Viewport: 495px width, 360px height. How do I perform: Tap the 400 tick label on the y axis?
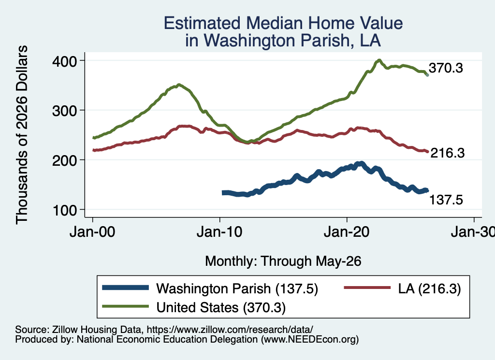pos(65,61)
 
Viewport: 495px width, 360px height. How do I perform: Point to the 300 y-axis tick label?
pos(65,111)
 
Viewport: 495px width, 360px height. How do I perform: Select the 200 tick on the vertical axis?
pos(65,160)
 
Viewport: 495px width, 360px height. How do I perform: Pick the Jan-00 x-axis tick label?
pos(92,232)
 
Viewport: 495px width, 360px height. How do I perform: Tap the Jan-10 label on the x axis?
pos(219,232)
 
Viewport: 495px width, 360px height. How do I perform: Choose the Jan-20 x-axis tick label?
pos(347,232)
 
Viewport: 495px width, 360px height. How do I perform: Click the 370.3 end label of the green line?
pos(446,68)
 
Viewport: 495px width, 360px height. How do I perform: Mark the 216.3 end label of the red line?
pos(448,153)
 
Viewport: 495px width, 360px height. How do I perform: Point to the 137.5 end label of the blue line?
pos(446,200)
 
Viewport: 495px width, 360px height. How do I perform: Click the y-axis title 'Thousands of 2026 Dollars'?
pos(22,135)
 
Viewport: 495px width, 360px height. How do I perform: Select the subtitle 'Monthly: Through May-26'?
pos(283,261)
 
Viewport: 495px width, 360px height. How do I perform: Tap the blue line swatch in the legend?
pos(125,288)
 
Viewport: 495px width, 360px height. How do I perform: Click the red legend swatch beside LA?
pos(367,288)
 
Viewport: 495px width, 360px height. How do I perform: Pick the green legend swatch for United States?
pos(125,306)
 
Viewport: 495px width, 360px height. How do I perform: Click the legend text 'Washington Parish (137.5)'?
pos(237,288)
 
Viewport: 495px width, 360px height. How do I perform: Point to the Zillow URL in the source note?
pos(230,330)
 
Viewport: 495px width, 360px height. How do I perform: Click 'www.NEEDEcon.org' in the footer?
pos(310,340)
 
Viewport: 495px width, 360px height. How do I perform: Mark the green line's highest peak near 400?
pos(379,60)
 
